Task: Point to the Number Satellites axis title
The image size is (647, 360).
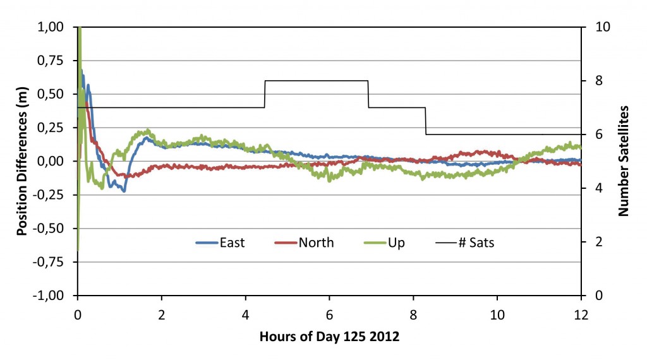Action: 624,160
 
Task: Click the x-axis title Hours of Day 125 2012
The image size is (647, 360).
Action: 329,337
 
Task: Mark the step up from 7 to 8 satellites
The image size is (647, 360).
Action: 265,94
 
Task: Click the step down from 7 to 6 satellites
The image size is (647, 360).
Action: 426,121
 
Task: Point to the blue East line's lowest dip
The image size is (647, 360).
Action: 124,190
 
